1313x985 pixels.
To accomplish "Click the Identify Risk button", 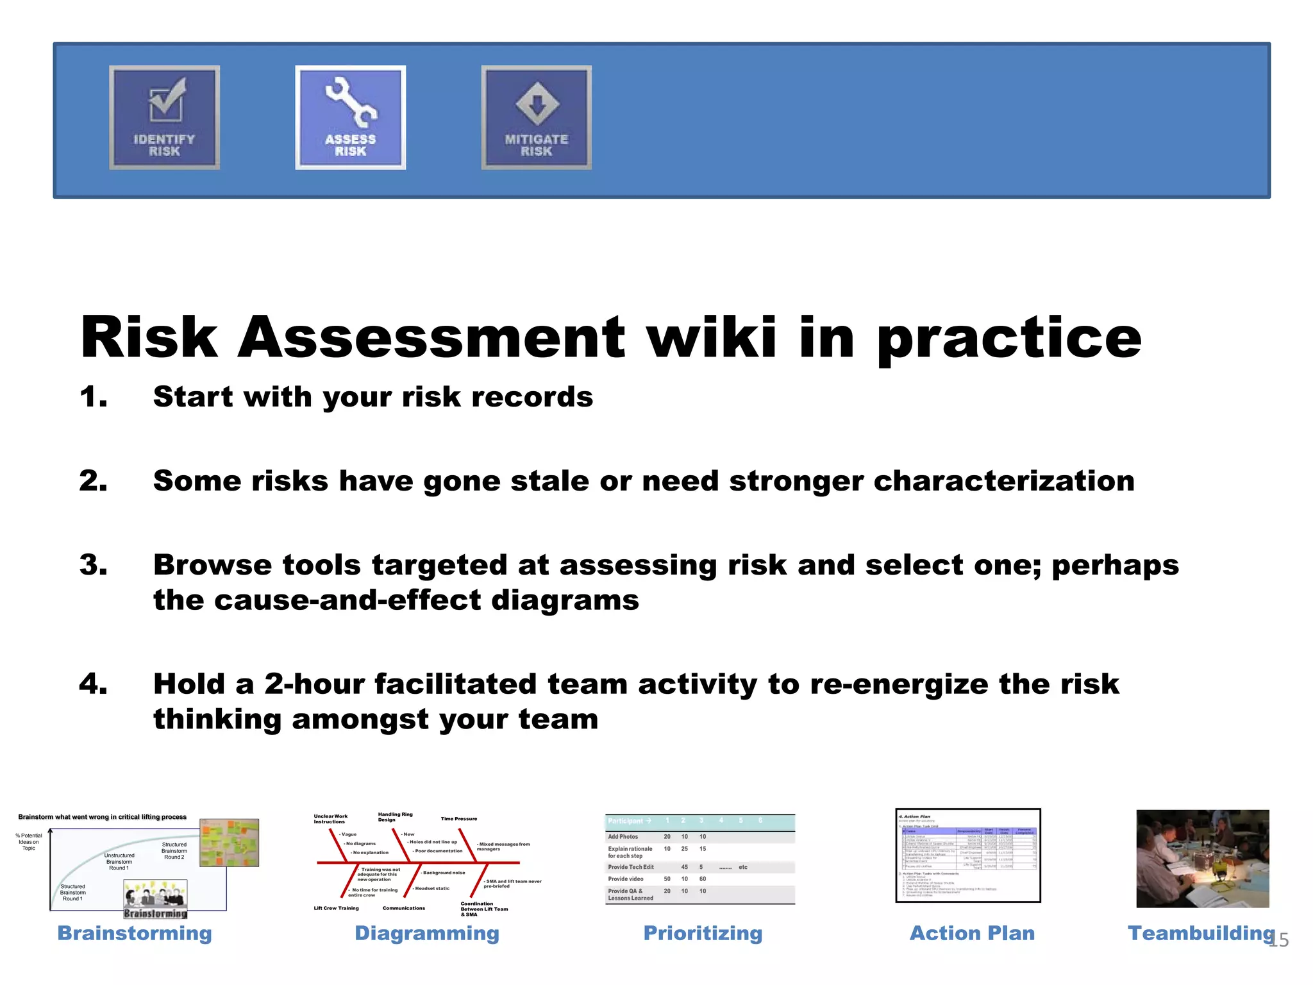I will click(164, 118).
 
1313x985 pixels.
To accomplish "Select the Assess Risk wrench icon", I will click(350, 103).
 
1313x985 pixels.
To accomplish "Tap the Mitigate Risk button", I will click(536, 118).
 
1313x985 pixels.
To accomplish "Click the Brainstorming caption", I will click(135, 933).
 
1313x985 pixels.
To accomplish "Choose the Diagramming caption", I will click(427, 933).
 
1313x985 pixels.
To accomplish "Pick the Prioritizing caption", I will click(703, 933).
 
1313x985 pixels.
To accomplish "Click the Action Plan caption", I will click(972, 933).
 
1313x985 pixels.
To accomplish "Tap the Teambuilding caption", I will click(1201, 933).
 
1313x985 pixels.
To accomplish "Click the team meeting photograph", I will click(1202, 859).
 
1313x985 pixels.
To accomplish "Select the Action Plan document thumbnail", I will click(967, 855).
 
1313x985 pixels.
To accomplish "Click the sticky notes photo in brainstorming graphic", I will click(229, 843).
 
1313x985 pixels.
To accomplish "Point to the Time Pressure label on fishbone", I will click(459, 819).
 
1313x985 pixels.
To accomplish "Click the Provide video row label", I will click(626, 879).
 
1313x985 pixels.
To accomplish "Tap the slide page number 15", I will click(1279, 941).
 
